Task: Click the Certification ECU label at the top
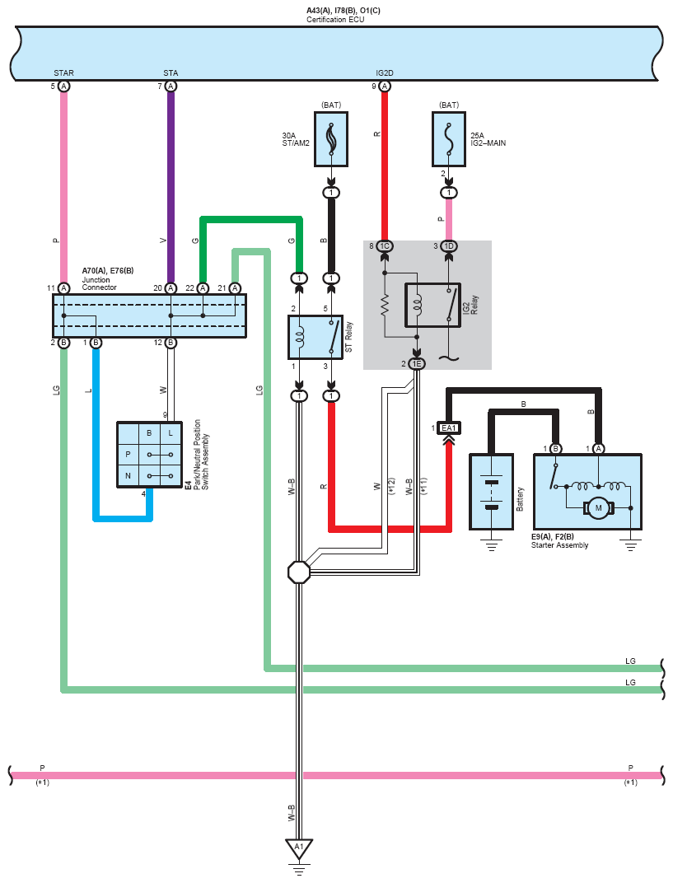click(x=335, y=19)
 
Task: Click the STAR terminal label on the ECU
click(x=63, y=73)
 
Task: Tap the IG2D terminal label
click(x=384, y=73)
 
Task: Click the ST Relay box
click(x=315, y=337)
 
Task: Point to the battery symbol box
click(x=492, y=492)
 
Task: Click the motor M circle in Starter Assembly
click(x=600, y=508)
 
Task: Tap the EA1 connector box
click(x=448, y=428)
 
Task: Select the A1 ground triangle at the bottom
click(x=298, y=848)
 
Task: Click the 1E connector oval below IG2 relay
click(x=416, y=364)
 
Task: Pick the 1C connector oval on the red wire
click(x=384, y=246)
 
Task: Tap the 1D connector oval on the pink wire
click(x=449, y=246)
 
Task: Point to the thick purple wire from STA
click(x=171, y=189)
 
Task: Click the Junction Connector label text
click(x=100, y=283)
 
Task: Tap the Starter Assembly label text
click(x=561, y=545)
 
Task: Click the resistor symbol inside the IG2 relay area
click(x=384, y=306)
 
